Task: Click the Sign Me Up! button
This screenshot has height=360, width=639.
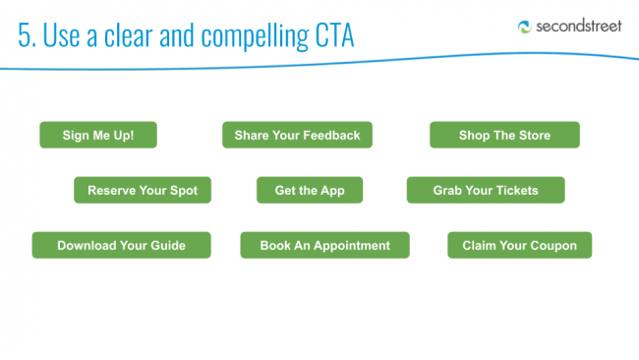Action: point(98,135)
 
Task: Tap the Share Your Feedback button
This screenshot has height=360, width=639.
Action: point(297,135)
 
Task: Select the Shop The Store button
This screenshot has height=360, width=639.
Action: point(504,135)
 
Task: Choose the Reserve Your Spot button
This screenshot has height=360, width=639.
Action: point(143,190)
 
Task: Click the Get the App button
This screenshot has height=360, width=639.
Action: point(310,190)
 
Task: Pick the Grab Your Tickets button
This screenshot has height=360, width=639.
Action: point(486,190)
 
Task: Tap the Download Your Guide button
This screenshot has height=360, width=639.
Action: point(122,245)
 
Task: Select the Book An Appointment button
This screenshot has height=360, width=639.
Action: point(324,245)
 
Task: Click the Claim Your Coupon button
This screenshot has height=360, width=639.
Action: point(520,245)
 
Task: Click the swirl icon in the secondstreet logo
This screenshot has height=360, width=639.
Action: point(525,27)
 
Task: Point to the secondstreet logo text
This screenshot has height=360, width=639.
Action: point(579,27)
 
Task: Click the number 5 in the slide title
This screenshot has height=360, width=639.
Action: point(24,35)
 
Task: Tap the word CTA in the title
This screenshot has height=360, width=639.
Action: point(334,35)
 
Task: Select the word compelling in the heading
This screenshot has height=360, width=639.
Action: point(255,36)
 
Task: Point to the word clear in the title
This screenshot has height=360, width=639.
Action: point(129,35)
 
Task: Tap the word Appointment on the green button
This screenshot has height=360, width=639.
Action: point(352,246)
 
